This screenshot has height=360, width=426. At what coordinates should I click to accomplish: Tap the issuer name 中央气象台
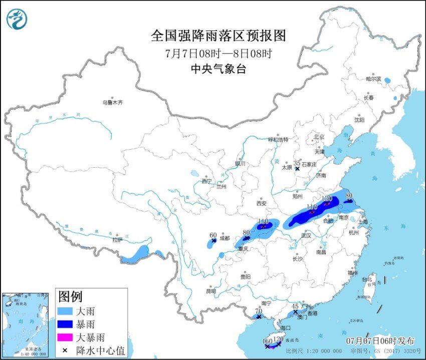[218, 70]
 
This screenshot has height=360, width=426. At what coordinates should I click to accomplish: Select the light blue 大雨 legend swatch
[65, 311]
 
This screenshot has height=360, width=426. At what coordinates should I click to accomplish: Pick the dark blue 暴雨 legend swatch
[65, 324]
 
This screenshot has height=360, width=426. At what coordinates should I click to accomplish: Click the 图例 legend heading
[70, 296]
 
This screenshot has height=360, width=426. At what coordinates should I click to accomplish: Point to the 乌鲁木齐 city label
[112, 103]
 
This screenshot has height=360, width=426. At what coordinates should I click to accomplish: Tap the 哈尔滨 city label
[373, 79]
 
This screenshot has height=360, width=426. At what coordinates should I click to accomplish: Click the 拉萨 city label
[117, 240]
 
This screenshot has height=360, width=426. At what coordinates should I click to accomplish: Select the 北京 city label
[319, 136]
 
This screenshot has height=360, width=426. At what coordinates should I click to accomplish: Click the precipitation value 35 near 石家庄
[297, 163]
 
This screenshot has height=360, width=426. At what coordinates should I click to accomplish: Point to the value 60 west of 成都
[213, 235]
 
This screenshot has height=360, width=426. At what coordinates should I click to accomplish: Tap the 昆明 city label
[210, 291]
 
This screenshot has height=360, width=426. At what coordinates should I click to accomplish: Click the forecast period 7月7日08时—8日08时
[218, 53]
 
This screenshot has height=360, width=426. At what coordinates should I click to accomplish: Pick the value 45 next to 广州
[295, 306]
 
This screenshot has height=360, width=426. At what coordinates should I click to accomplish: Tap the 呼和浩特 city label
[278, 140]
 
